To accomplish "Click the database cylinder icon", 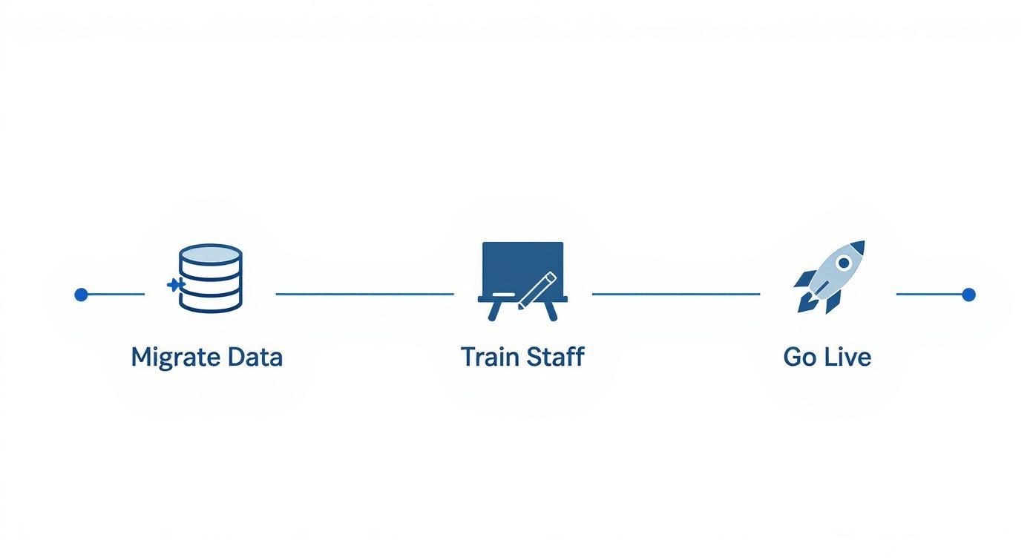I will tap(211, 278).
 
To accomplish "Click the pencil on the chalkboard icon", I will tap(537, 290).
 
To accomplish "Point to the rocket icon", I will tap(829, 276).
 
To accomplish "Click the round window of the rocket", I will tap(844, 263).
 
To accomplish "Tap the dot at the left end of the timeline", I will tap(82, 295).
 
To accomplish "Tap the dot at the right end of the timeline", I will tap(968, 295).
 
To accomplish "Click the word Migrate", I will tap(175, 358).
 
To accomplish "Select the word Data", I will tap(255, 357).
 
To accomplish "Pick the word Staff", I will tap(555, 357).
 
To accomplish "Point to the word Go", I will tap(800, 357).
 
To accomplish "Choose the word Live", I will tap(848, 357).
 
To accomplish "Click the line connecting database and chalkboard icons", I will tap(364, 295).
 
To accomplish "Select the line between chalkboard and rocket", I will tap(675, 295).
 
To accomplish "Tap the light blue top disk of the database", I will tap(211, 254).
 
